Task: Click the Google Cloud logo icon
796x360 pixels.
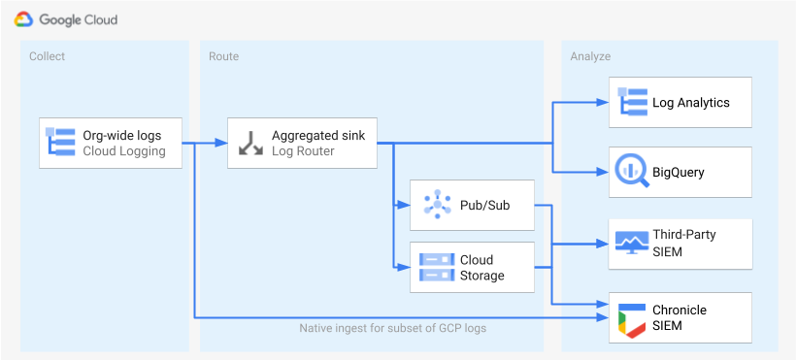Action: click(23, 18)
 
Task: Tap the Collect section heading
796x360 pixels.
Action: click(48, 56)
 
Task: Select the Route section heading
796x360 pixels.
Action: click(223, 56)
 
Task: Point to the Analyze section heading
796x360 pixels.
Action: click(591, 56)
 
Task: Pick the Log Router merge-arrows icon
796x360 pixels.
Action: click(249, 143)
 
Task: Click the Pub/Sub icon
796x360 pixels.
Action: click(434, 205)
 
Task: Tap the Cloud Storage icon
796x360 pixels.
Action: click(434, 267)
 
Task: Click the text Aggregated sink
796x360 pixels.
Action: click(318, 136)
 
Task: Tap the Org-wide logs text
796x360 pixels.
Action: click(122, 136)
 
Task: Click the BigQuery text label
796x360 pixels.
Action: click(679, 173)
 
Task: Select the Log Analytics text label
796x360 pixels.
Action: click(690, 102)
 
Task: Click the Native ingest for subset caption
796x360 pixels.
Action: click(392, 328)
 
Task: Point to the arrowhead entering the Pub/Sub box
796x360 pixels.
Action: click(405, 205)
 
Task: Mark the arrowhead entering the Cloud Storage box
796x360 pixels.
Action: click(405, 267)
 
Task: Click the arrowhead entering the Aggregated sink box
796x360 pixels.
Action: click(222, 144)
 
